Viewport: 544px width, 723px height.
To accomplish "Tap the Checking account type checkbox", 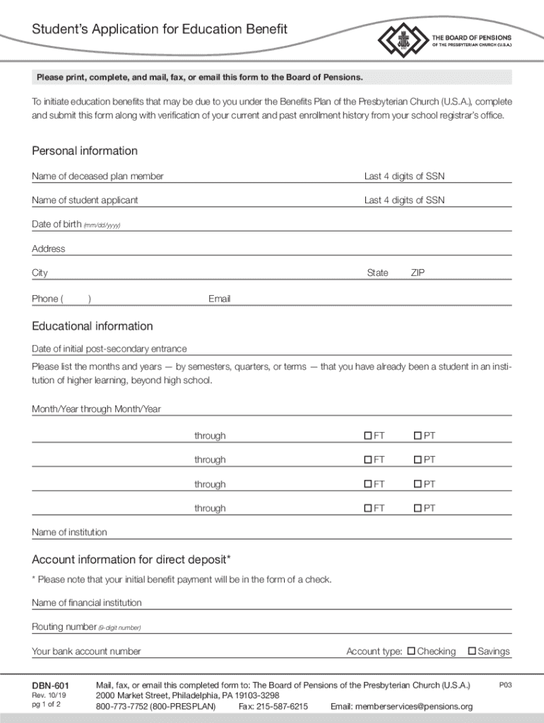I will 412,651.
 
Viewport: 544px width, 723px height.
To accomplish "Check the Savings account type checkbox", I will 473,651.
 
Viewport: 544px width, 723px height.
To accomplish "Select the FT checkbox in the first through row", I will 368,436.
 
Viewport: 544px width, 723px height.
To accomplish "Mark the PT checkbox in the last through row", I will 418,508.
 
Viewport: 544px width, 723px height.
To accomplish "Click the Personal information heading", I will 85,151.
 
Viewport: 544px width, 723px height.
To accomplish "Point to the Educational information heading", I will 93,326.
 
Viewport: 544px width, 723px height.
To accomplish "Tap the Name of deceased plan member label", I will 97,176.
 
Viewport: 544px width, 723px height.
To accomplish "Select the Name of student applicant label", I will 85,200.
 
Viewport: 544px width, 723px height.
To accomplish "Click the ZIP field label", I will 418,273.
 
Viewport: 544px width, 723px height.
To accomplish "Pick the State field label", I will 377,273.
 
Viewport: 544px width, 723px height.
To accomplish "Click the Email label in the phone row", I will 219,299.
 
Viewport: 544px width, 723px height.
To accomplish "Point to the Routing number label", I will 64,627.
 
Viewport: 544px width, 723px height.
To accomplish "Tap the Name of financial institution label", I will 87,602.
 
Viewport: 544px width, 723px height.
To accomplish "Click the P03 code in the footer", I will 505,685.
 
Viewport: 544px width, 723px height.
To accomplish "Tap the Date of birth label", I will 57,225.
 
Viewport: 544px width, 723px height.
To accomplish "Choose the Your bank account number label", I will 86,651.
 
